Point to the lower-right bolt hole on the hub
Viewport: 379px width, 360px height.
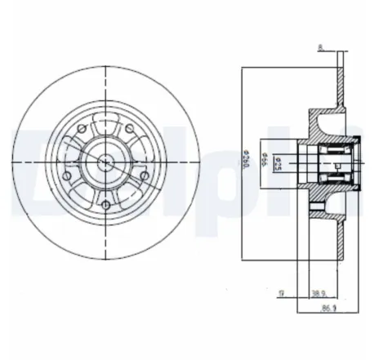point(144,175)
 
